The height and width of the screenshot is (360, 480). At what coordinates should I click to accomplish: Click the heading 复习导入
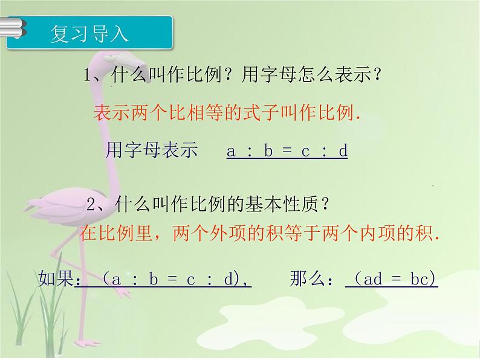[89, 34]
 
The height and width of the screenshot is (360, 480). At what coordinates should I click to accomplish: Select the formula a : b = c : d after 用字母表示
[287, 151]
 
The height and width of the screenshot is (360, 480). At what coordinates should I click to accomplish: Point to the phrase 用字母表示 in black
[152, 150]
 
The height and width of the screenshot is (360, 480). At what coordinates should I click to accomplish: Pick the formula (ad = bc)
[392, 279]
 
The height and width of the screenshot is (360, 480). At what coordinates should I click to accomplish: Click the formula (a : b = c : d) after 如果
[163, 279]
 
